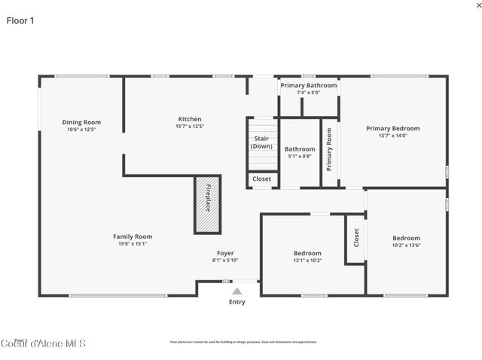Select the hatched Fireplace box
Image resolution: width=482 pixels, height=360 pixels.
(207, 204)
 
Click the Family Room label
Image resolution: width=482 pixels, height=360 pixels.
(133, 236)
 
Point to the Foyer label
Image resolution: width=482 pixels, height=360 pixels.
(224, 253)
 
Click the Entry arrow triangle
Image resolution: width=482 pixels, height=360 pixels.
(236, 291)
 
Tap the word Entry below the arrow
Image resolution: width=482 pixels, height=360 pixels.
(236, 302)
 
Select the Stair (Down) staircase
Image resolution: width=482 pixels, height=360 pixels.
(261, 143)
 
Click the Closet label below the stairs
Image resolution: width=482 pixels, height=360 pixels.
(261, 179)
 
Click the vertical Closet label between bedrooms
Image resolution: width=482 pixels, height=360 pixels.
(356, 237)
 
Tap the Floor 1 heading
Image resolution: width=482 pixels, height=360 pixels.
(20, 20)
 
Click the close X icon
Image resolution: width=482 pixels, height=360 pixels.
(468, 5)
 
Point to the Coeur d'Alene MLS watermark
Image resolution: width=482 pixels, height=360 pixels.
(43, 344)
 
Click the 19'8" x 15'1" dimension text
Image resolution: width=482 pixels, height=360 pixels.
(133, 243)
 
